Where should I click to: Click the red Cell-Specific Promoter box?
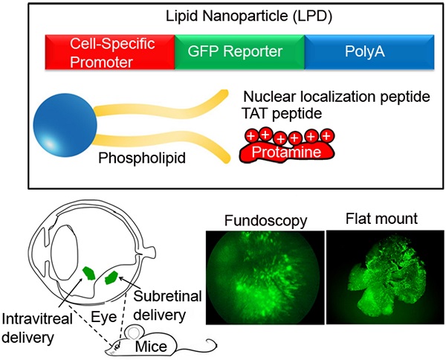click(110, 52)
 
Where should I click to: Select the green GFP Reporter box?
click(239, 52)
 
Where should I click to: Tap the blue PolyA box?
click(369, 52)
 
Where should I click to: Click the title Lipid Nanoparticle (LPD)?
click(249, 16)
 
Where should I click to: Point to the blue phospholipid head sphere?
click(65, 125)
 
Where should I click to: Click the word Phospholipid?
click(142, 158)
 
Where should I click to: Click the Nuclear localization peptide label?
click(337, 97)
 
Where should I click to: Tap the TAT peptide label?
click(282, 114)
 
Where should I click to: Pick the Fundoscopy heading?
click(265, 221)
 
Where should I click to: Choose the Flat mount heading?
click(382, 219)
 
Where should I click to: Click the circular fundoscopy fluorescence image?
click(265, 277)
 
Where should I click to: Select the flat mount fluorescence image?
click(385, 277)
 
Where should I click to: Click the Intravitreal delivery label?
click(37, 328)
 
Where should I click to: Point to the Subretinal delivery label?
click(167, 306)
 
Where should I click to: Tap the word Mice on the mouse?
click(151, 347)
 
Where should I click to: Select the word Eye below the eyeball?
click(103, 317)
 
